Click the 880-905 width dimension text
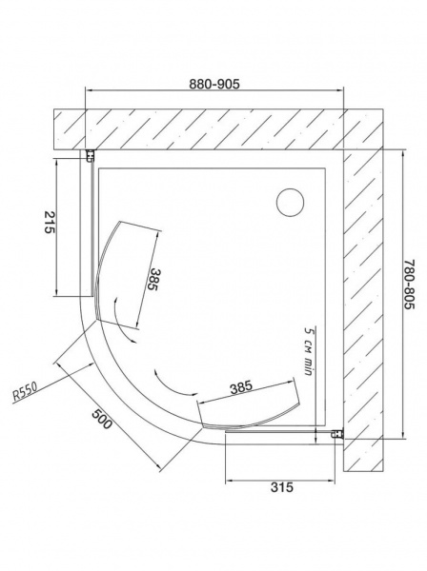click(x=213, y=83)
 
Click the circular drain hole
click(x=288, y=203)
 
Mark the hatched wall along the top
click(x=210, y=127)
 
